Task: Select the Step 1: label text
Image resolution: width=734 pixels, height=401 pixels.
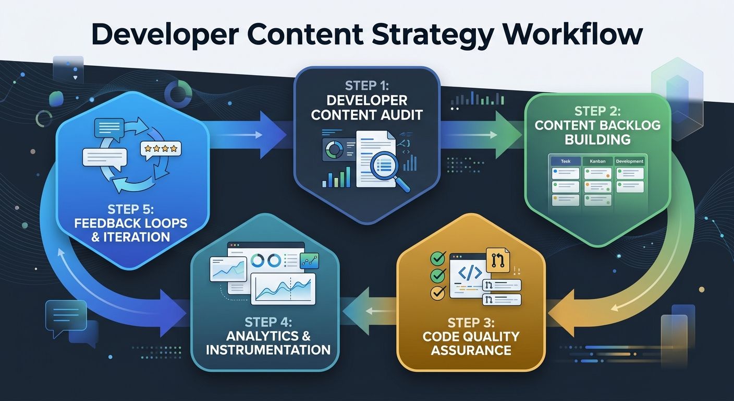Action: (366, 85)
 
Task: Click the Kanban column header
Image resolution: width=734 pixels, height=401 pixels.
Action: (597, 161)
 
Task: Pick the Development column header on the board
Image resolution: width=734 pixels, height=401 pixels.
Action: (630, 161)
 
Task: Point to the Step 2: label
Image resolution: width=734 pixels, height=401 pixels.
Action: (596, 111)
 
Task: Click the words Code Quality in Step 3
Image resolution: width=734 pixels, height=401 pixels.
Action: (471, 336)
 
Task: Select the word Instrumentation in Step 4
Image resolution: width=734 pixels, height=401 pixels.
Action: (268, 349)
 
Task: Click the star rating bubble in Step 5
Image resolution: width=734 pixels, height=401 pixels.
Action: (161, 149)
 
